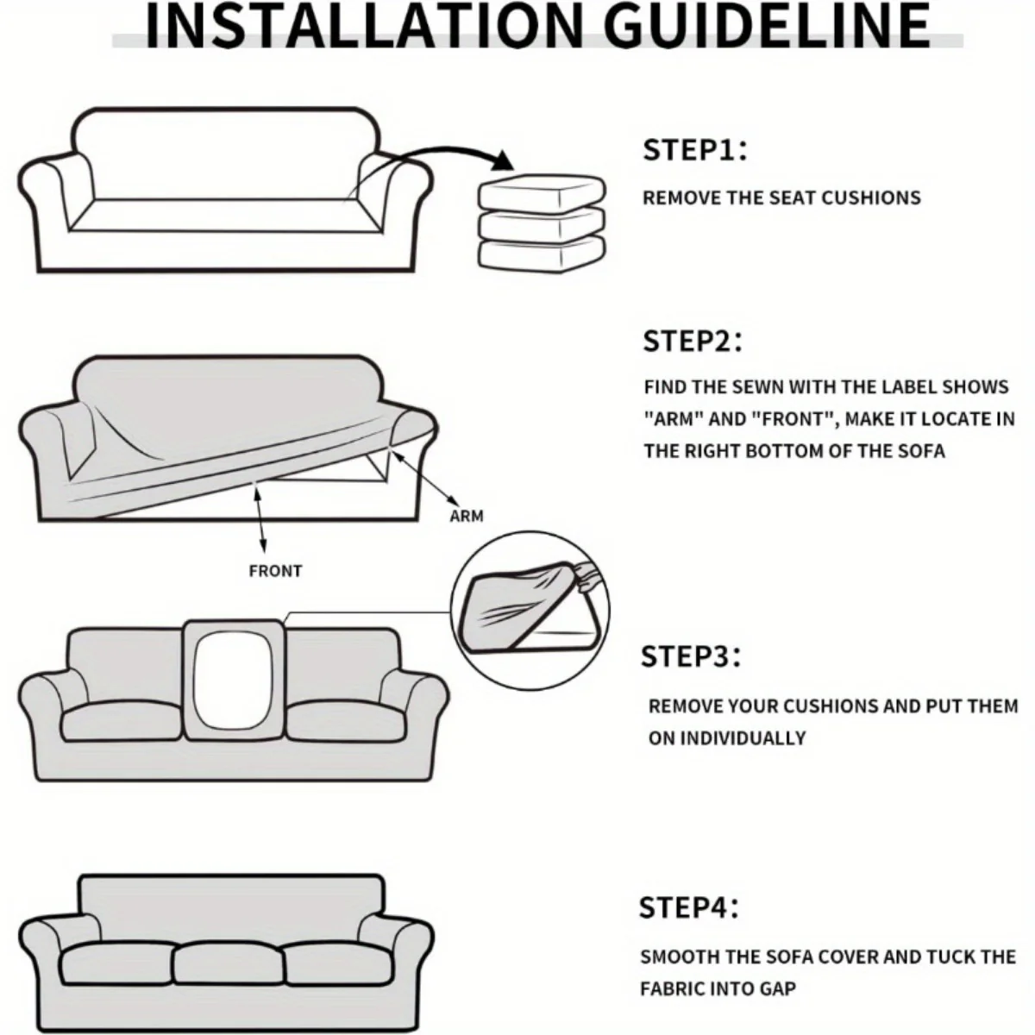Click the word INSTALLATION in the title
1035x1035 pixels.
tap(364, 25)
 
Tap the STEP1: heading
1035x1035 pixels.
tap(694, 150)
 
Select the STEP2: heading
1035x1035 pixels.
tap(693, 341)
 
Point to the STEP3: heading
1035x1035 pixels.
tap(691, 656)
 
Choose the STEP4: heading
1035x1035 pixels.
tap(689, 907)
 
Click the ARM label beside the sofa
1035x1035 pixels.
tap(467, 516)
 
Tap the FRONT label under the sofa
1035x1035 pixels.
tap(275, 571)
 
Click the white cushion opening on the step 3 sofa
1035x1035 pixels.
tap(232, 681)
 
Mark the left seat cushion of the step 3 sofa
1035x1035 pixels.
tap(122, 721)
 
